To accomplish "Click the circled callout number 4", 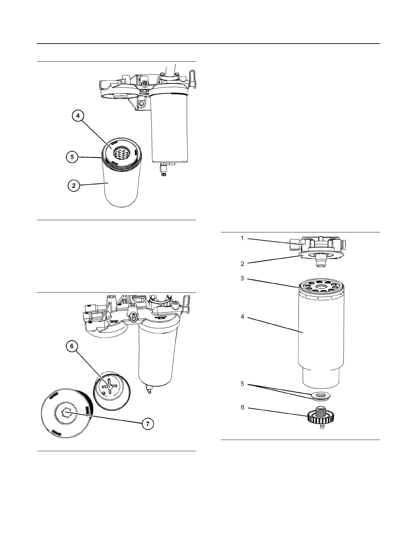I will point(78,116).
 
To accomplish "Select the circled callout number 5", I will point(72,157).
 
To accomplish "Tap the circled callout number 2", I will point(74,186).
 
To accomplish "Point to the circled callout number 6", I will point(72,346).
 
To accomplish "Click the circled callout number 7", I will point(147,424).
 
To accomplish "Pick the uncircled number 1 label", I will point(242,238).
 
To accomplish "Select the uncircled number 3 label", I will point(242,278).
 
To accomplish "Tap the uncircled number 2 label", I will point(242,264).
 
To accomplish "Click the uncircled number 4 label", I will point(242,316).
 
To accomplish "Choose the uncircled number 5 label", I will point(242,383).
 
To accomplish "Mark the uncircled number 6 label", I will point(242,407).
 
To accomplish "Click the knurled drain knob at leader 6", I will point(321,416).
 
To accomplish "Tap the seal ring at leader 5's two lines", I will point(320,396).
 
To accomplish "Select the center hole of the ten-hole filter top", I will point(321,288).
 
